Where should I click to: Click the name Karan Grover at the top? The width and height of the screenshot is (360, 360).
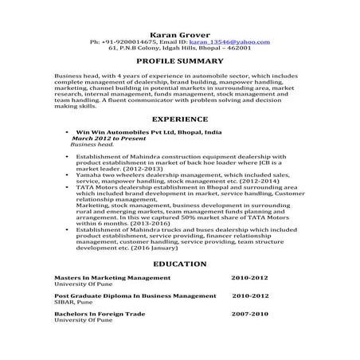[x=179, y=31]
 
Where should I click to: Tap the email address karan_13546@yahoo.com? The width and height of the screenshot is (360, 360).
[x=235, y=39]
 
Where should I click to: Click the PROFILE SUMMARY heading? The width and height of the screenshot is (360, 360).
[x=179, y=61]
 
